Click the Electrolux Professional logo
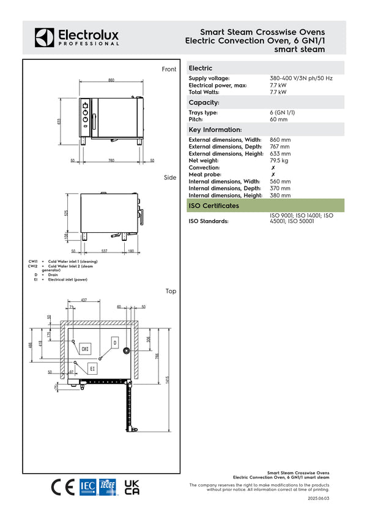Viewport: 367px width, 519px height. [76, 37]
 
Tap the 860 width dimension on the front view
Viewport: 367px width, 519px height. [111, 80]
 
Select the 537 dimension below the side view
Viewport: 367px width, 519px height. [105, 251]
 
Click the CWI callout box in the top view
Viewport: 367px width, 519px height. [85, 349]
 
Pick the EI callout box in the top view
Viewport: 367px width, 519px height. [92, 369]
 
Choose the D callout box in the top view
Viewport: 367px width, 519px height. [114, 343]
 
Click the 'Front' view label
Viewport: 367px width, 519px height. [169, 70]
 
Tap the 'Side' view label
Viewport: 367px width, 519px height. [170, 178]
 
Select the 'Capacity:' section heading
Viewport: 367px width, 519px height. [204, 103]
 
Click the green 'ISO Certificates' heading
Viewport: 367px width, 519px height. [214, 206]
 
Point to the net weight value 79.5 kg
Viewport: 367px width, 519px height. [280, 160]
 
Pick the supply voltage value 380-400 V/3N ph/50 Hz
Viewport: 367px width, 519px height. [301, 79]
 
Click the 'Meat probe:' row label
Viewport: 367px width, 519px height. [206, 174]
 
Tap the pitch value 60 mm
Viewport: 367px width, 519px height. [278, 120]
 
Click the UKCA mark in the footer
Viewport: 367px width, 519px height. [132, 487]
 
